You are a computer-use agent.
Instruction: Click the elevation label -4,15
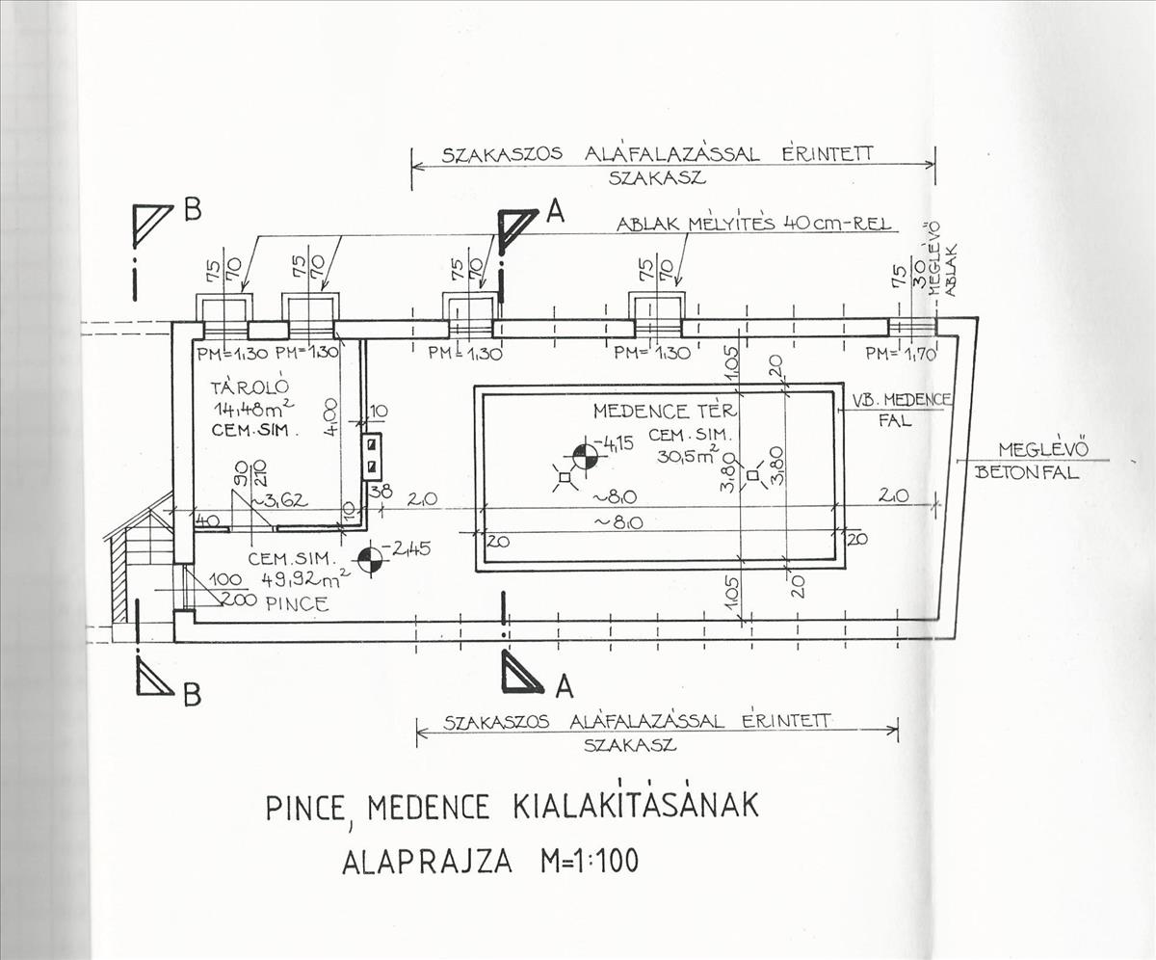point(616,444)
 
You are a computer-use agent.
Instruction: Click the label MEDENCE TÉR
point(666,412)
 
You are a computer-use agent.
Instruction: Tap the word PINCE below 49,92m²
point(299,605)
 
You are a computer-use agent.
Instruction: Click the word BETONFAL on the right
point(1027,473)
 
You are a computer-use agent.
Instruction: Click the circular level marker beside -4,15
point(585,455)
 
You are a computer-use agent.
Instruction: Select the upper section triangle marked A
point(516,225)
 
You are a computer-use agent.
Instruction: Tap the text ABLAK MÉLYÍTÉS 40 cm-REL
point(755,225)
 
